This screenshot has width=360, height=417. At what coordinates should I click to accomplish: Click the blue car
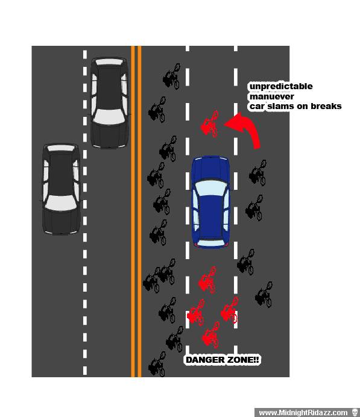click(210, 202)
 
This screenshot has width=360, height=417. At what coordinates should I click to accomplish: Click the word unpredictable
click(281, 86)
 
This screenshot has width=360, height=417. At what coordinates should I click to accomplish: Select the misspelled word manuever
click(272, 96)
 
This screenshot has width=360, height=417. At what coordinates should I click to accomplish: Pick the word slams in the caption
click(279, 106)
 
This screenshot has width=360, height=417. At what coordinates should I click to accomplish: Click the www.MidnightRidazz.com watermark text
click(303, 412)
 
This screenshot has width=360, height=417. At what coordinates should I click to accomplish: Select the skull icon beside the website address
click(355, 412)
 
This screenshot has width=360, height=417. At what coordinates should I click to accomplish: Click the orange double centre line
click(136, 212)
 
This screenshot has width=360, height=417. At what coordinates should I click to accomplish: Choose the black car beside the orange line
click(109, 102)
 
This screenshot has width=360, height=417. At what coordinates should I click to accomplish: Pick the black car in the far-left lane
click(61, 189)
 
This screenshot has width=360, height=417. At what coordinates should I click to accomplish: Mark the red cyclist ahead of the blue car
click(210, 125)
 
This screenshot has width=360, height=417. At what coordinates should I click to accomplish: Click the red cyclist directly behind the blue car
click(207, 280)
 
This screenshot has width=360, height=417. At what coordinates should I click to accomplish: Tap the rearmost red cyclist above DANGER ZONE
click(211, 335)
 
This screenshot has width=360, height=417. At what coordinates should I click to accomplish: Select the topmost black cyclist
click(172, 76)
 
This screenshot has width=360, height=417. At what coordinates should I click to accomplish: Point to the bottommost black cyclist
click(157, 364)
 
